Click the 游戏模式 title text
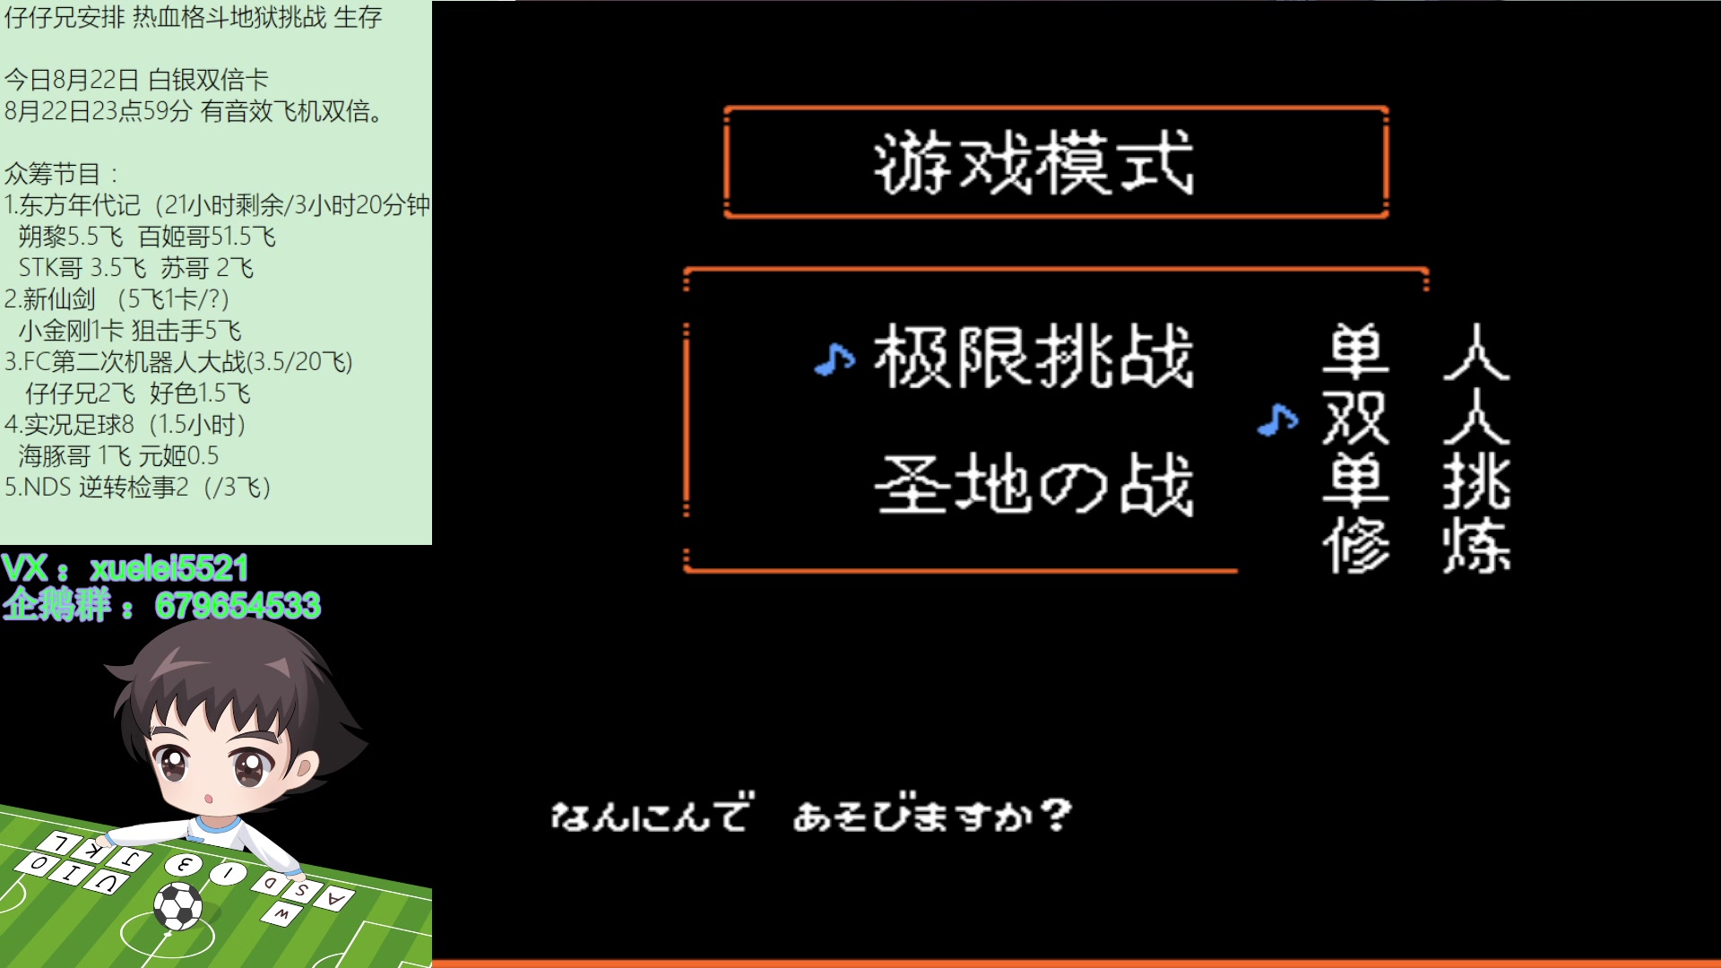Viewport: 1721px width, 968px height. coord(1033,162)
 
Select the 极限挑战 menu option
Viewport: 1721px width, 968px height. coord(1033,357)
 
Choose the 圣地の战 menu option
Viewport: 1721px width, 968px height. coord(1033,485)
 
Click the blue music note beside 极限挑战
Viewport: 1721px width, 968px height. coord(835,359)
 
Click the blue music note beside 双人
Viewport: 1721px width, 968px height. coord(1277,419)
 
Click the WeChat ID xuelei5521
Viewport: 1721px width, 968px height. coord(169,568)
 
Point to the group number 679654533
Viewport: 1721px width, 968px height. coord(238,606)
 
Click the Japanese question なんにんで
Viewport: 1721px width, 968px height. coord(652,816)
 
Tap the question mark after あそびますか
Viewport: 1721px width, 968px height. coord(1058,815)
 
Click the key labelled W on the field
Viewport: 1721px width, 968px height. coord(281,913)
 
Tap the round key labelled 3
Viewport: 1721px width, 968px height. coord(184,864)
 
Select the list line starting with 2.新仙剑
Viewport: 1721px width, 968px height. coord(117,299)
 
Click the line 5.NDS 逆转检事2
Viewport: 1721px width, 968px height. coord(137,488)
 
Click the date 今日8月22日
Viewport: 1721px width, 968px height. coord(72,80)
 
